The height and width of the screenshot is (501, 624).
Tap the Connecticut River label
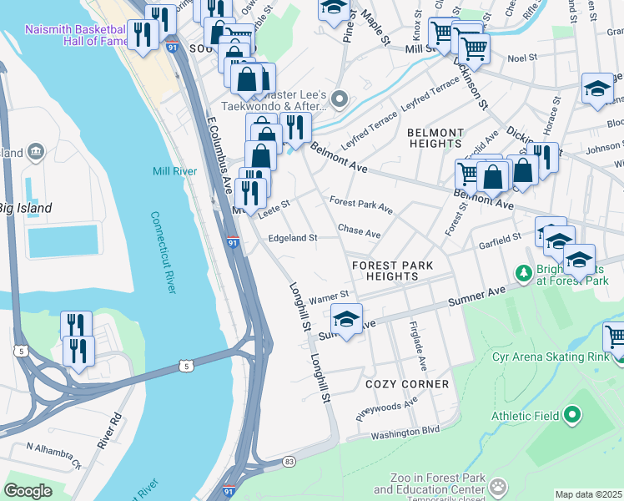(164, 251)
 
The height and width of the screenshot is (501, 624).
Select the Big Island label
(25, 208)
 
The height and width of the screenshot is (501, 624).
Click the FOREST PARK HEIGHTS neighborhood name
(393, 271)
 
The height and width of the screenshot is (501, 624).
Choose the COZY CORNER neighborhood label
(407, 384)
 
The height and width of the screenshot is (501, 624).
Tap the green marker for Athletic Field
(572, 414)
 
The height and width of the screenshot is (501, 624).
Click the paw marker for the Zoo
(499, 485)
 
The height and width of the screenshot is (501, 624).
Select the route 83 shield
(289, 461)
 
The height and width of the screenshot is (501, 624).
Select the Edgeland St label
(292, 238)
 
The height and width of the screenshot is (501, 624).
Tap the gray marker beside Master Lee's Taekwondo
(340, 100)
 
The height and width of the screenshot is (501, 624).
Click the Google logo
(28, 491)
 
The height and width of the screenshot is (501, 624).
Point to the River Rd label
(109, 431)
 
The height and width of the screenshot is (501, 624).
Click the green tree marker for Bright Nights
(523, 272)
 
